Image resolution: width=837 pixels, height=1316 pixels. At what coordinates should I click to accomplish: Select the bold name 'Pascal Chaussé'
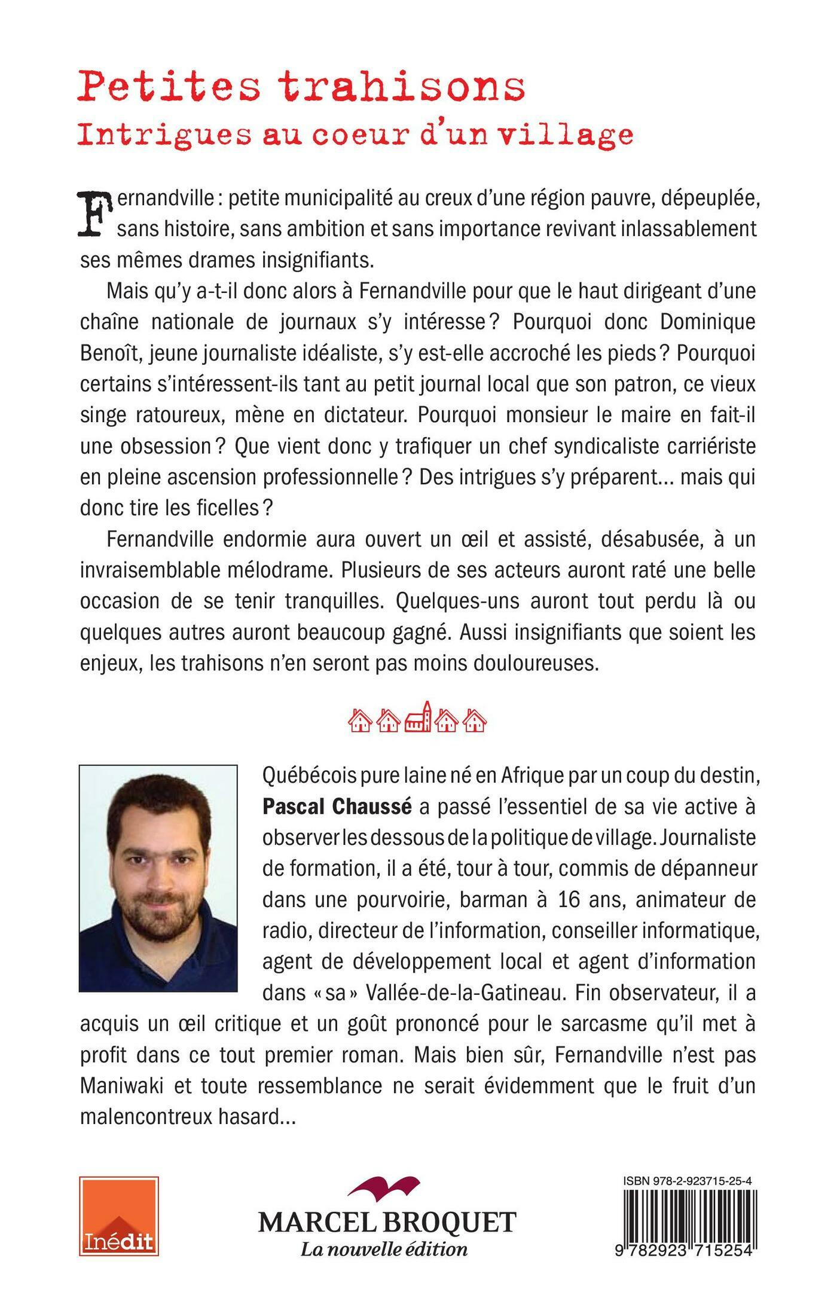(x=337, y=807)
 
